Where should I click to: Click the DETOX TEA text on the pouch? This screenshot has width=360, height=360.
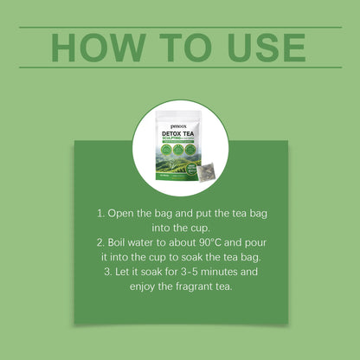tap(171, 123)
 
